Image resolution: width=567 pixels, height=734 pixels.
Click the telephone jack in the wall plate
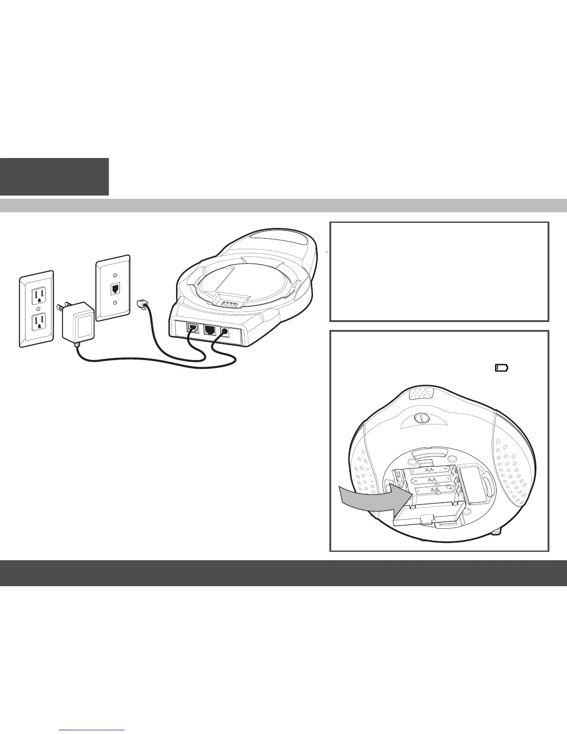point(114,289)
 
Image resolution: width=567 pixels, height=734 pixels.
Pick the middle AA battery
point(432,480)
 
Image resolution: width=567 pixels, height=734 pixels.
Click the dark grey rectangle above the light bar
point(54,177)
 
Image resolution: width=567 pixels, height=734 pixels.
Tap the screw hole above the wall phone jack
point(114,269)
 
